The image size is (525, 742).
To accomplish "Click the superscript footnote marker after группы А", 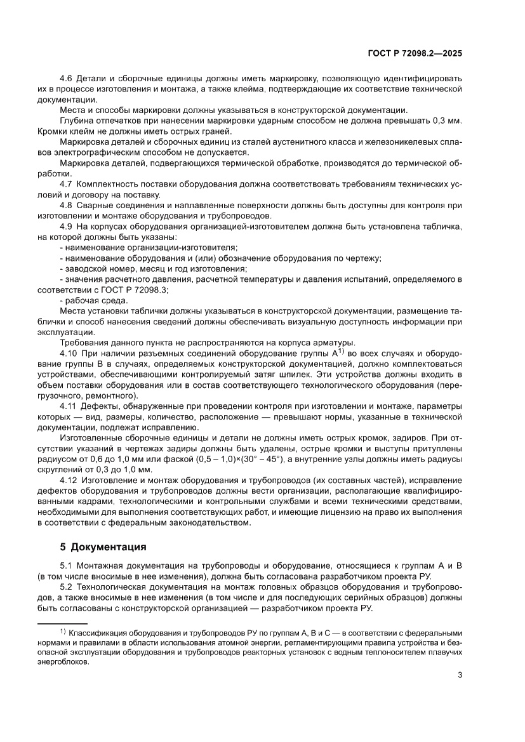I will (340, 351).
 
